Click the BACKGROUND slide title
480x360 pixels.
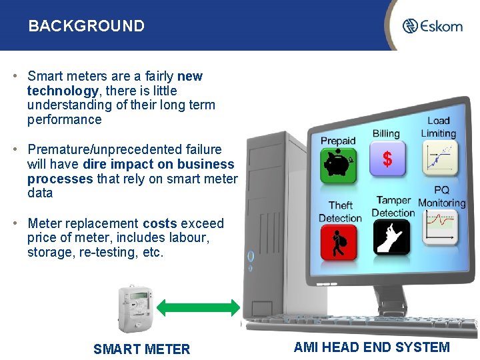click(x=86, y=26)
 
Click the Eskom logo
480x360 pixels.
click(x=433, y=26)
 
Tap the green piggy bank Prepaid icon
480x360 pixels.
click(x=339, y=165)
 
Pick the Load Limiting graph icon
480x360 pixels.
click(x=440, y=155)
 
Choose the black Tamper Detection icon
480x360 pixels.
click(x=391, y=237)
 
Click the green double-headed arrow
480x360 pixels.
click(x=199, y=307)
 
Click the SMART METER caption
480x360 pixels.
click(x=141, y=349)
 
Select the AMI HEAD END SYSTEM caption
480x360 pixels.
click(x=371, y=347)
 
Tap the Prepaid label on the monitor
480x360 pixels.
click(x=338, y=141)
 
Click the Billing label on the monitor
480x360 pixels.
click(x=385, y=134)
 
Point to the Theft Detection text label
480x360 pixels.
click(x=340, y=211)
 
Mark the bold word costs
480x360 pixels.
click(x=159, y=223)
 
